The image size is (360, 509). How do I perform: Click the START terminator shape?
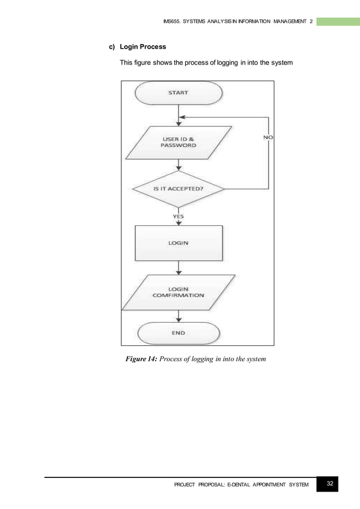coord(178,93)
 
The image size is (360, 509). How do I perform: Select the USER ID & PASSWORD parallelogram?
coord(178,141)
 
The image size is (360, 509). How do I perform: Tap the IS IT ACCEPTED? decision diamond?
coord(178,188)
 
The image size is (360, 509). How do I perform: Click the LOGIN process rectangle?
coord(178,243)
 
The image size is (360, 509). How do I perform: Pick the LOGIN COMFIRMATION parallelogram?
coord(178,291)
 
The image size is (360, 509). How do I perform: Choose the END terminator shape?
coord(178,333)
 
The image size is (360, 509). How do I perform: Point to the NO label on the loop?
coord(269,137)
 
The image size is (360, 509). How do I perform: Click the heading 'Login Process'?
coord(143,47)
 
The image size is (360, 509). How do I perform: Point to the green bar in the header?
coord(337,21)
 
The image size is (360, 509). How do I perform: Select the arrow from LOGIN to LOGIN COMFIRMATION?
coord(179,267)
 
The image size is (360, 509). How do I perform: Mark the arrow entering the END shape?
coord(179,317)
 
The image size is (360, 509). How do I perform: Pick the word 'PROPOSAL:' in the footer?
coord(210,484)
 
